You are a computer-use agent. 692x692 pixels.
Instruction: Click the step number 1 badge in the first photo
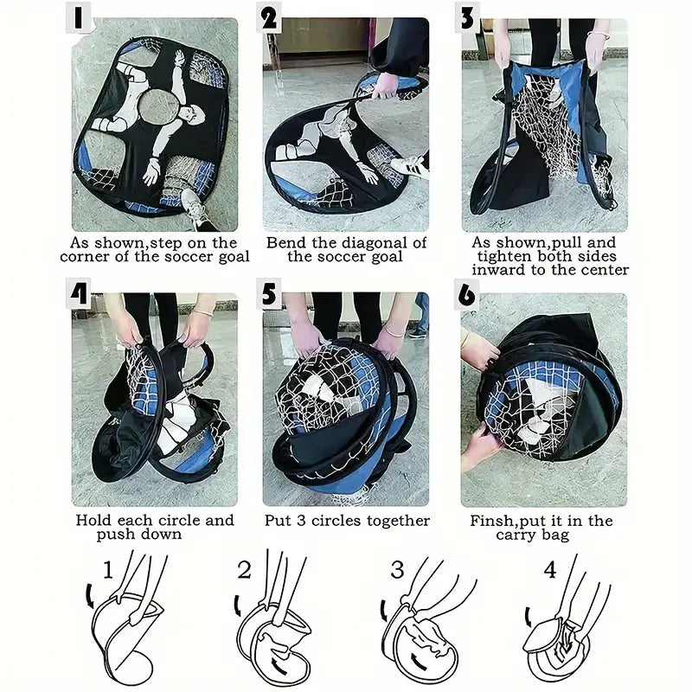click(79, 17)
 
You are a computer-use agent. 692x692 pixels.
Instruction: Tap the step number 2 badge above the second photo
click(269, 18)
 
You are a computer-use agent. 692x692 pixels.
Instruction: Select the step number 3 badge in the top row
click(466, 18)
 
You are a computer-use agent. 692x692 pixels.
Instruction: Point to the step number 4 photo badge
click(79, 293)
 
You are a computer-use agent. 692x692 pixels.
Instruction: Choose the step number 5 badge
click(269, 293)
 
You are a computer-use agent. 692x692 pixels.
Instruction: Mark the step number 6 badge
click(466, 294)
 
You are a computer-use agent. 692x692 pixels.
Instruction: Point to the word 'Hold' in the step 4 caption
click(93, 521)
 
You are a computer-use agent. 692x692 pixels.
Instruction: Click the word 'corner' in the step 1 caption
click(85, 257)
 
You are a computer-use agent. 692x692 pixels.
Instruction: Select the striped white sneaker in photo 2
click(410, 167)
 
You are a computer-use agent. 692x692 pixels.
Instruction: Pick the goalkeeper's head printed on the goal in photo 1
click(195, 117)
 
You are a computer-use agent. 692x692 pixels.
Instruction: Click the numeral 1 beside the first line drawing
click(108, 569)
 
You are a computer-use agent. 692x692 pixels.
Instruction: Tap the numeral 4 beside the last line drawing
click(550, 570)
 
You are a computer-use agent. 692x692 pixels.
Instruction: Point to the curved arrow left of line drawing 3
click(383, 611)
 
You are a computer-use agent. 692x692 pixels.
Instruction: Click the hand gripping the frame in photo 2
click(385, 86)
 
